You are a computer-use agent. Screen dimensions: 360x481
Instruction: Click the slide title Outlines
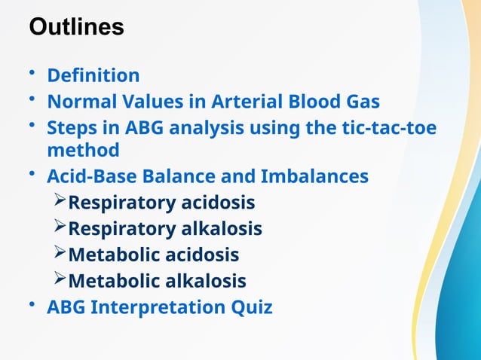tap(76, 27)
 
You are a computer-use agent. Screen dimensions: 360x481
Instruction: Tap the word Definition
tap(93, 76)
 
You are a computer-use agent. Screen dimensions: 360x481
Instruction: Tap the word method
tap(83, 151)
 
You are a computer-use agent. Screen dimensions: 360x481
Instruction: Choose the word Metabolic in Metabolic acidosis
tap(113, 255)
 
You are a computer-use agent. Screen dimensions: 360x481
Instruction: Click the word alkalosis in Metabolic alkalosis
tap(204, 281)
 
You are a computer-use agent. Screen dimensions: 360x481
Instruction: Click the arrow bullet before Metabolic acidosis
tap(60, 254)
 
